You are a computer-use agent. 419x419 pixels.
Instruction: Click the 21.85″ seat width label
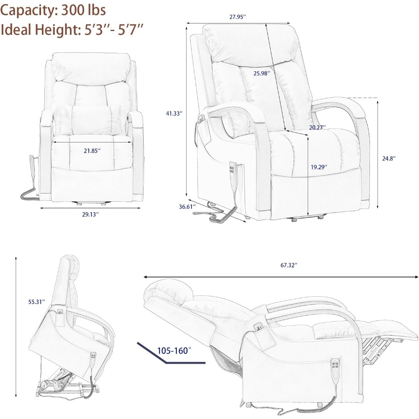(x=90, y=150)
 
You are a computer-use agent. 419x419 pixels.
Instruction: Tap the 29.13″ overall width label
(x=90, y=214)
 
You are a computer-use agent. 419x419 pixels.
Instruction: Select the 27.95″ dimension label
(x=237, y=17)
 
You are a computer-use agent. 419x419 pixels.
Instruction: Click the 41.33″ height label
(x=174, y=113)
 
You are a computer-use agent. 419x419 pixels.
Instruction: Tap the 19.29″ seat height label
(x=319, y=167)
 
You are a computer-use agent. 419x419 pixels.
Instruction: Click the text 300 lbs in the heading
(x=84, y=9)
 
